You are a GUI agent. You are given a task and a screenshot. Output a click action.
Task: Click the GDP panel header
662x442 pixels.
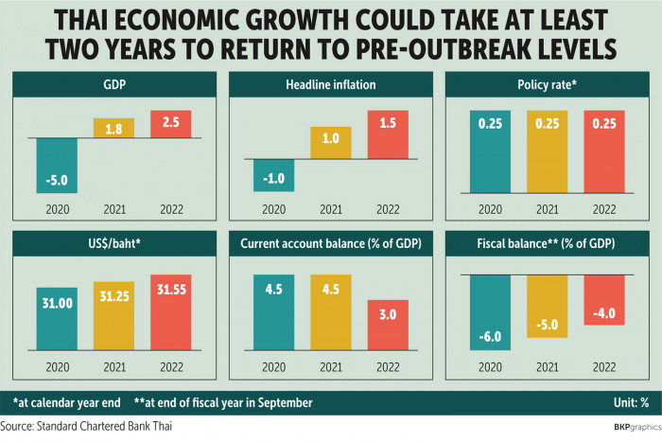[x=114, y=85]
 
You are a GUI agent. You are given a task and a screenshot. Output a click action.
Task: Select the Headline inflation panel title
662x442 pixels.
[x=331, y=85]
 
